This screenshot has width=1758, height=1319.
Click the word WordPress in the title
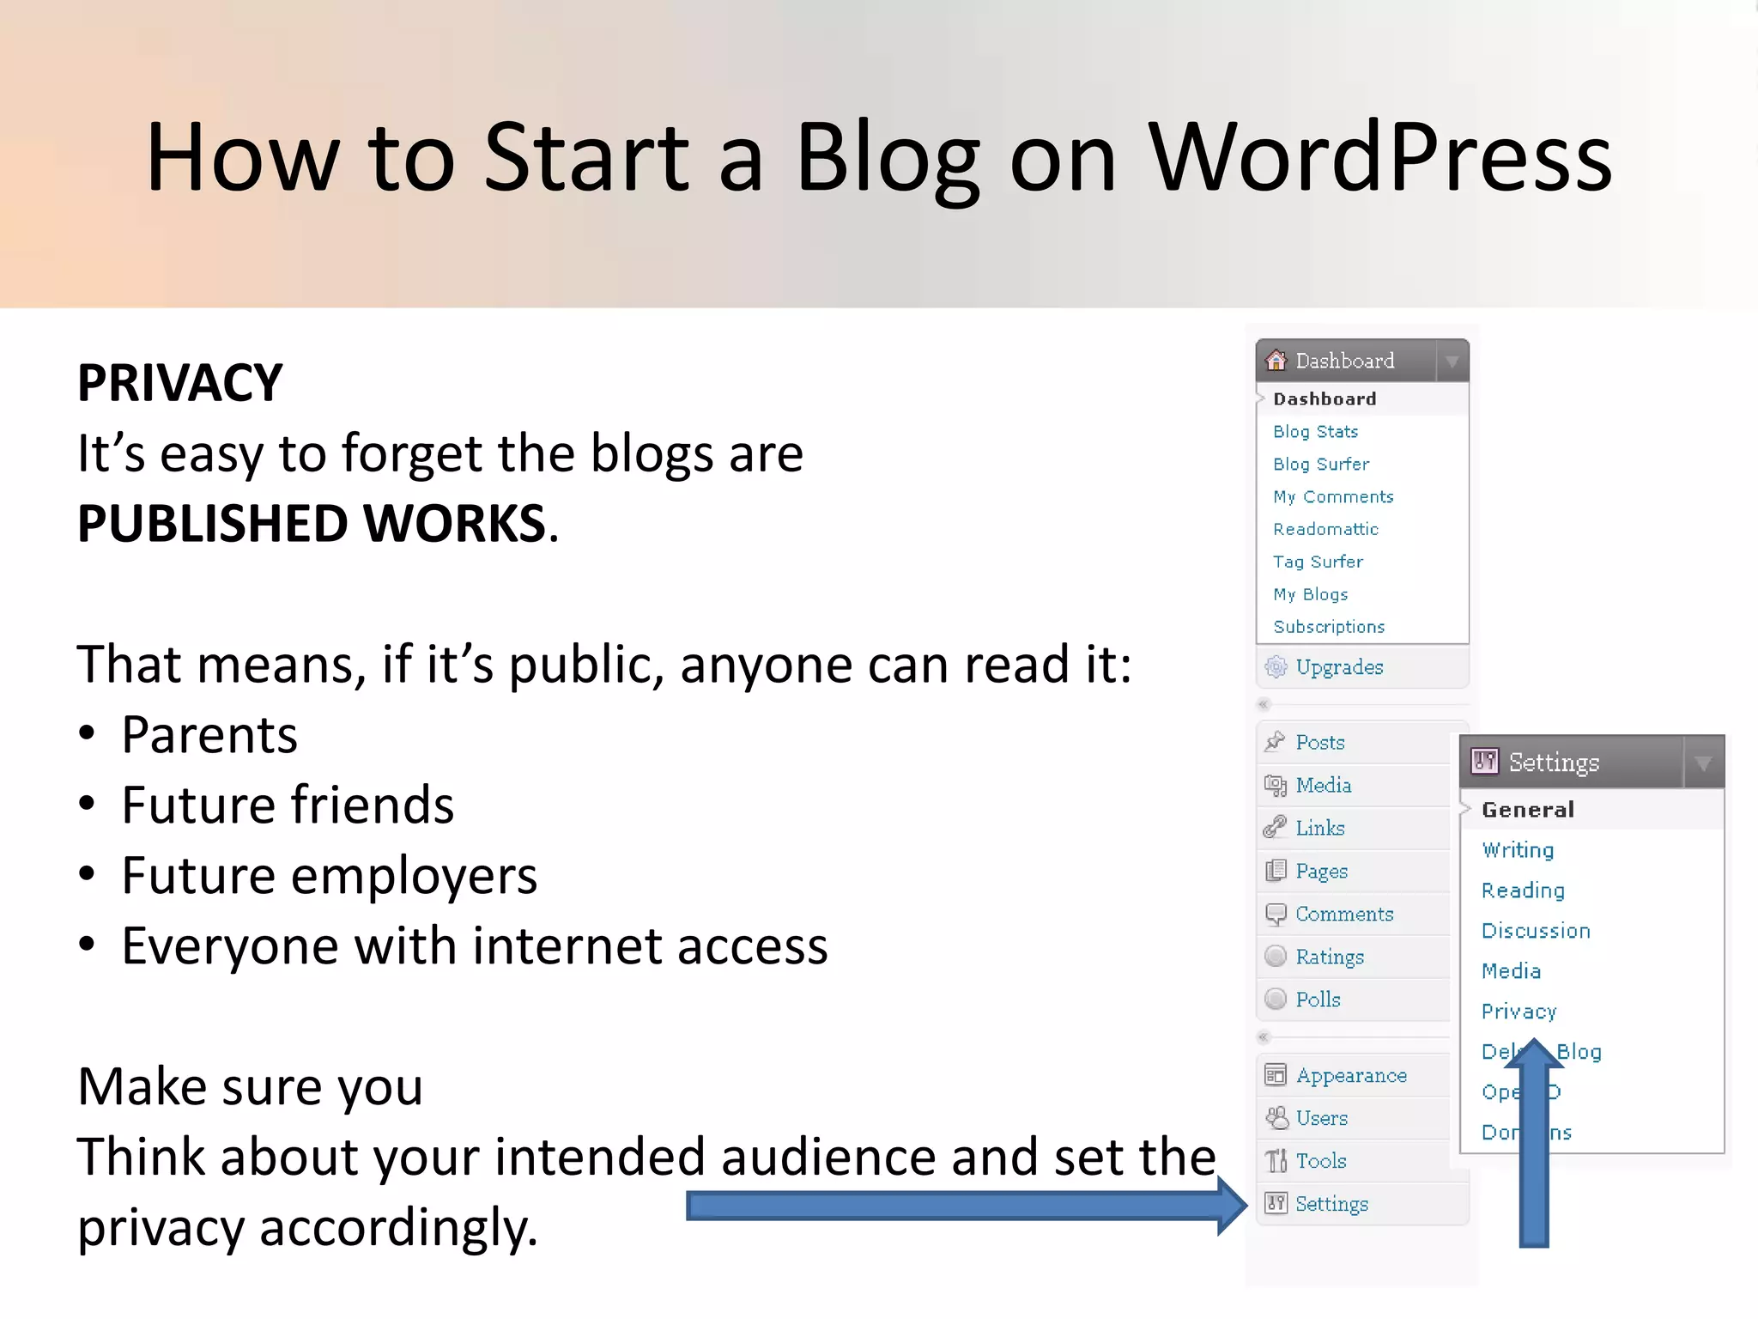tap(1380, 157)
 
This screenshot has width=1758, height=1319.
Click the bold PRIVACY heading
tap(180, 383)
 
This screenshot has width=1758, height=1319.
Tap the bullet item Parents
tap(209, 735)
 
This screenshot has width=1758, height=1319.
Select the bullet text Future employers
tap(330, 876)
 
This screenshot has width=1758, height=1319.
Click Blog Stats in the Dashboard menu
tap(1315, 432)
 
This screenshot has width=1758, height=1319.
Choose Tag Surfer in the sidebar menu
tap(1318, 562)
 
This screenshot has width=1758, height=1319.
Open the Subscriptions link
tap(1329, 627)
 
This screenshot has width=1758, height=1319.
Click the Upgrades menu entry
tap(1339, 667)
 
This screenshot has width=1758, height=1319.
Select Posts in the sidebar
tap(1320, 743)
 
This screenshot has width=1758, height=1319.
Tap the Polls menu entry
tap(1318, 1000)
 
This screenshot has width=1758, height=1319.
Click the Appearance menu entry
tap(1351, 1075)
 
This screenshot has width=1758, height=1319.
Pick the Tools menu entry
tap(1320, 1161)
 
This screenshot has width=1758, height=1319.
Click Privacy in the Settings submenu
tap(1519, 1012)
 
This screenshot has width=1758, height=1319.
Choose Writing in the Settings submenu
tap(1518, 850)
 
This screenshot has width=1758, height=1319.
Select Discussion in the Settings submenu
tap(1536, 931)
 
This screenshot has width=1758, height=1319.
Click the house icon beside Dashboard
tap(1276, 361)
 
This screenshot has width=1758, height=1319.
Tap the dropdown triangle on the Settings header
tap(1703, 763)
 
